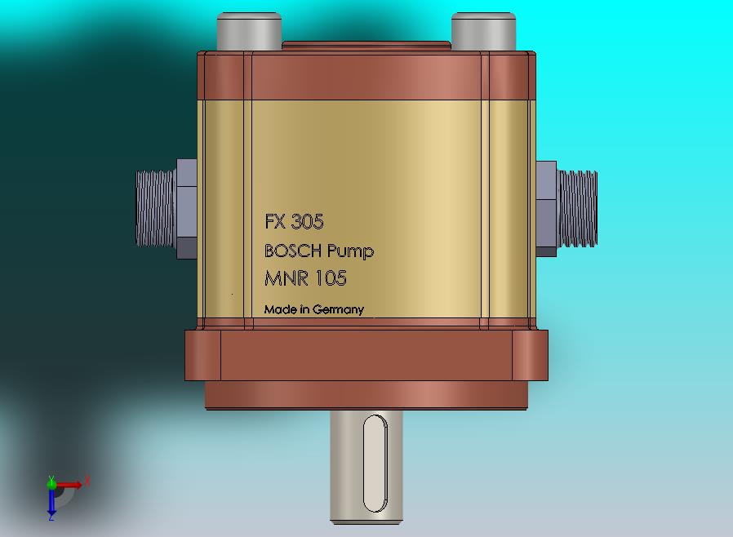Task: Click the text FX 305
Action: click(x=294, y=222)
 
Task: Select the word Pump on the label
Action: click(x=350, y=251)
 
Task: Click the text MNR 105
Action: click(x=305, y=279)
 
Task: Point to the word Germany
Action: click(x=338, y=310)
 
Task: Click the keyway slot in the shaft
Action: click(x=374, y=463)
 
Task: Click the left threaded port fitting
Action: click(x=155, y=208)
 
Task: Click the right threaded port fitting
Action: click(x=578, y=208)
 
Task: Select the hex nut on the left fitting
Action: click(x=187, y=209)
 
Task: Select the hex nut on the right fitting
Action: click(x=546, y=209)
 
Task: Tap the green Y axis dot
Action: click(x=51, y=482)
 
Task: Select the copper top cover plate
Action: click(x=367, y=76)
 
